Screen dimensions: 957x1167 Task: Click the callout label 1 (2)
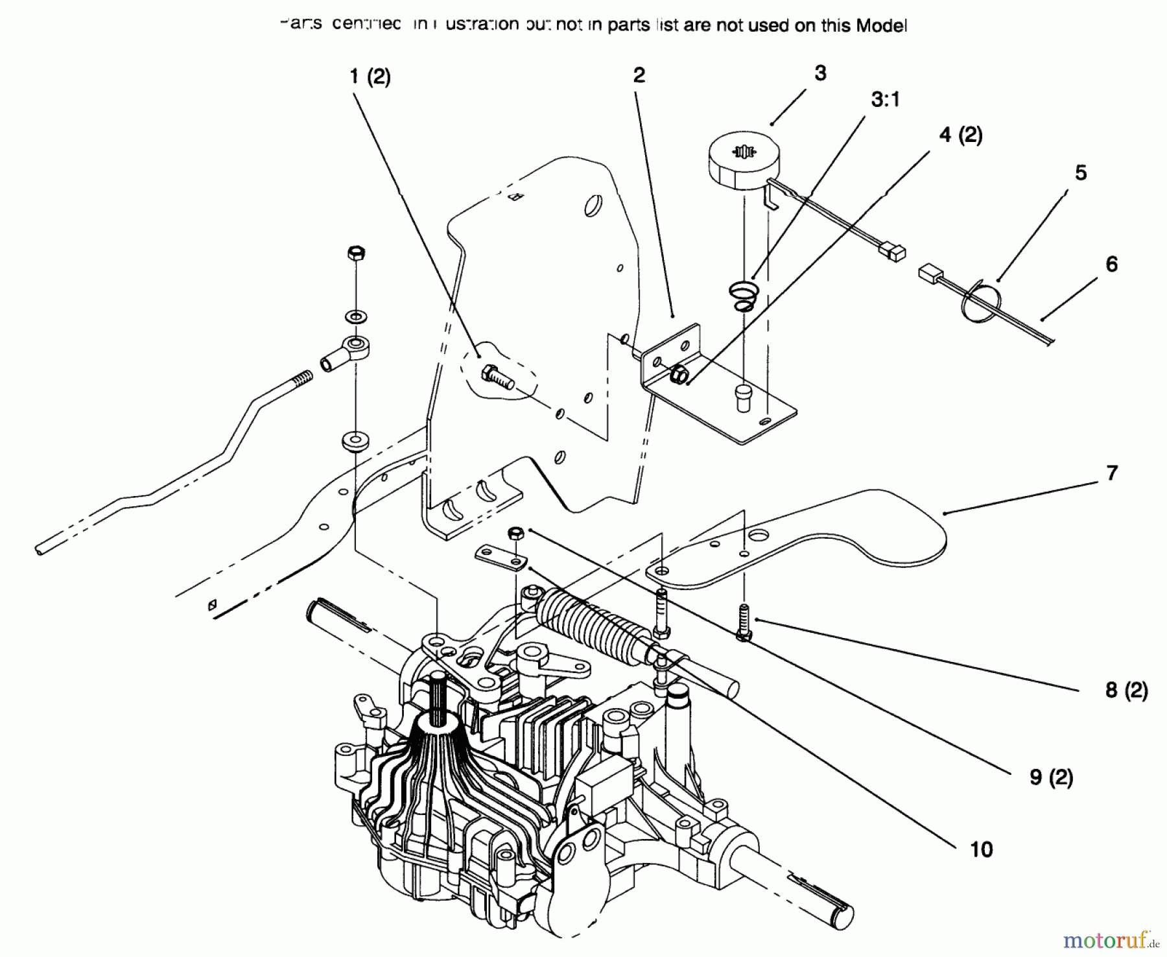(x=370, y=77)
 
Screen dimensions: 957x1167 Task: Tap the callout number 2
(x=639, y=75)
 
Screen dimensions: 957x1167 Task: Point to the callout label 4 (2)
(x=960, y=135)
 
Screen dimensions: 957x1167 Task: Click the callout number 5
(x=1080, y=172)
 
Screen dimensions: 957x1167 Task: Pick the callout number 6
(x=1111, y=264)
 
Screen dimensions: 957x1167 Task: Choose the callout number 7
(x=1112, y=473)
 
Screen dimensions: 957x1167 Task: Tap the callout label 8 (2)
(x=1127, y=690)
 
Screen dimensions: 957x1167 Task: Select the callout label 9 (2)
(x=1052, y=777)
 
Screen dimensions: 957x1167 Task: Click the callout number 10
(x=982, y=849)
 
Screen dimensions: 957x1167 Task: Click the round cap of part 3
(x=742, y=159)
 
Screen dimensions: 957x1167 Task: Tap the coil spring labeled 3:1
(x=742, y=295)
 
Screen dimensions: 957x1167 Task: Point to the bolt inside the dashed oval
(x=497, y=377)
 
